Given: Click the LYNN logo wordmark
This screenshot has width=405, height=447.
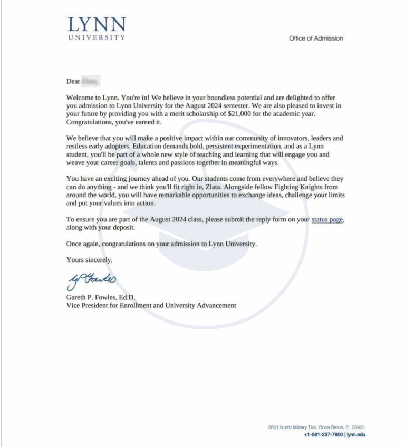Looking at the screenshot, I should tap(97, 24).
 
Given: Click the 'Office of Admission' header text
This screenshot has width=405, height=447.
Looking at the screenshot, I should tap(316, 38).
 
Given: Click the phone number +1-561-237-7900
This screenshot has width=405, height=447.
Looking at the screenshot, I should tap(323, 434).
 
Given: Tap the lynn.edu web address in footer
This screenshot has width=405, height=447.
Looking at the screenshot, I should tap(356, 434).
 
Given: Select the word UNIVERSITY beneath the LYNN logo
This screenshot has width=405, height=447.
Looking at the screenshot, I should tap(97, 38).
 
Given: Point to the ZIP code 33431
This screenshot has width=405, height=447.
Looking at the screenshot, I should tap(358, 427).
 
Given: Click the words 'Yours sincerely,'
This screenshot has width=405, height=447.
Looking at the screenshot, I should tap(89, 260).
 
